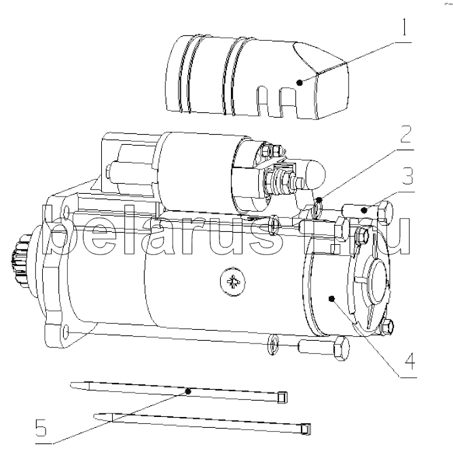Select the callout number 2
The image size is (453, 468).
[x=405, y=134]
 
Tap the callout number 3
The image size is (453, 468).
[x=407, y=175]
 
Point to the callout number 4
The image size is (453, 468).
[x=410, y=361]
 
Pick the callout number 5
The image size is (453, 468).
[x=41, y=428]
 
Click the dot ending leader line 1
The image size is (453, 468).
[x=300, y=82]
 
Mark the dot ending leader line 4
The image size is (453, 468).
[x=331, y=299]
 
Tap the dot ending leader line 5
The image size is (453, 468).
[x=187, y=391]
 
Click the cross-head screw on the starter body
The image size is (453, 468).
[x=233, y=281]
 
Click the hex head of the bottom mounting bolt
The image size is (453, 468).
[x=342, y=348]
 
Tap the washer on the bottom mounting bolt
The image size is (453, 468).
[x=273, y=345]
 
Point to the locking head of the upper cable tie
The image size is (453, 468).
[x=282, y=397]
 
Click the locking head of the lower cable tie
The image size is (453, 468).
[x=306, y=429]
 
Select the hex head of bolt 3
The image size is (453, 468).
[x=385, y=213]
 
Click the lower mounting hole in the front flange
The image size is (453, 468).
[x=67, y=331]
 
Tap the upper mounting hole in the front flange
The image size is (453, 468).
[x=66, y=210]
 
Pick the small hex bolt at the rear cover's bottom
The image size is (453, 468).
[x=387, y=327]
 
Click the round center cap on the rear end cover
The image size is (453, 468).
[x=378, y=281]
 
